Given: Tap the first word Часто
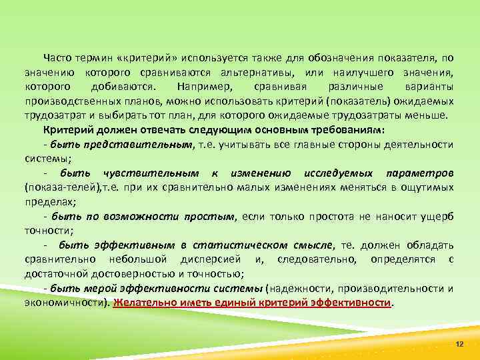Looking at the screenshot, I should point(57,59).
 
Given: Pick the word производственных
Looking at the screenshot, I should point(69,101).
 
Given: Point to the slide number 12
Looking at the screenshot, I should point(458,343).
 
